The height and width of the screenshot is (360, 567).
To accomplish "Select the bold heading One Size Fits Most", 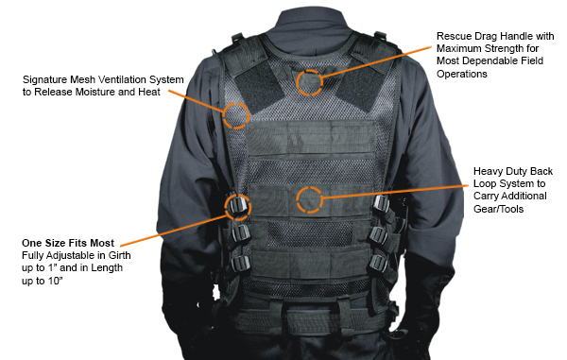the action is pyautogui.click(x=68, y=243).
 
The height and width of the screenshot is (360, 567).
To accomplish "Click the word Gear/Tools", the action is pyautogui.click(x=498, y=209).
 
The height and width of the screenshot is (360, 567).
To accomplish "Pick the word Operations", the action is pyautogui.click(x=462, y=74).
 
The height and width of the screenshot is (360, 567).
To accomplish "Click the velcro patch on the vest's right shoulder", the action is pyautogui.click(x=362, y=86).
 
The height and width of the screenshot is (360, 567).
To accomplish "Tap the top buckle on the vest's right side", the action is pyautogui.click(x=382, y=205).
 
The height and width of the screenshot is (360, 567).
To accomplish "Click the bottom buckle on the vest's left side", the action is pyautogui.click(x=240, y=264).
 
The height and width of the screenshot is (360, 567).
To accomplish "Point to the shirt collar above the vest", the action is pyautogui.click(x=310, y=31).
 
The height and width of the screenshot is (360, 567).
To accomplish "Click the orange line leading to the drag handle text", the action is pyautogui.click(x=376, y=61).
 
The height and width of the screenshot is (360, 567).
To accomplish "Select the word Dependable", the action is pyautogui.click(x=490, y=60).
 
